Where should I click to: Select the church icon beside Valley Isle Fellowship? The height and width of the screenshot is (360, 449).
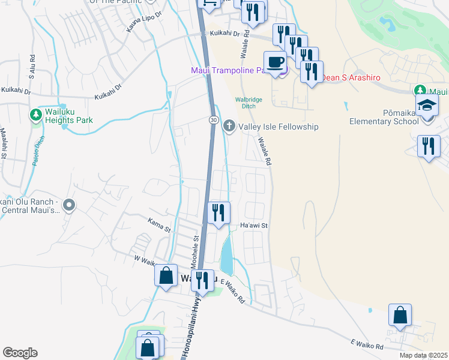(229, 127)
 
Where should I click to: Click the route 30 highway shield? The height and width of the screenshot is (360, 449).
(214, 121)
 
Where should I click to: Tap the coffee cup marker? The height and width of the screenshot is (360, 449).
(275, 62)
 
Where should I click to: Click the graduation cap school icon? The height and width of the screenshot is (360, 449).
(427, 104)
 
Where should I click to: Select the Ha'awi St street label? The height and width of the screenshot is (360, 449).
(253, 226)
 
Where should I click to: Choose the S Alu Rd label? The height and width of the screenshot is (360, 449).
(31, 67)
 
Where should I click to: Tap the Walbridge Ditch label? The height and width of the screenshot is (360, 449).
(249, 100)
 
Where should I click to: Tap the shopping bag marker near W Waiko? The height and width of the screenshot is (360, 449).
(166, 275)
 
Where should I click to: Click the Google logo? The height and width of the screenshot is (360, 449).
(20, 353)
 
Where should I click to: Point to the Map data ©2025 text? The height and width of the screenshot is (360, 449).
(423, 355)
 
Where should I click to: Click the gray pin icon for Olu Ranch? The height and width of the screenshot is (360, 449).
(69, 206)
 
